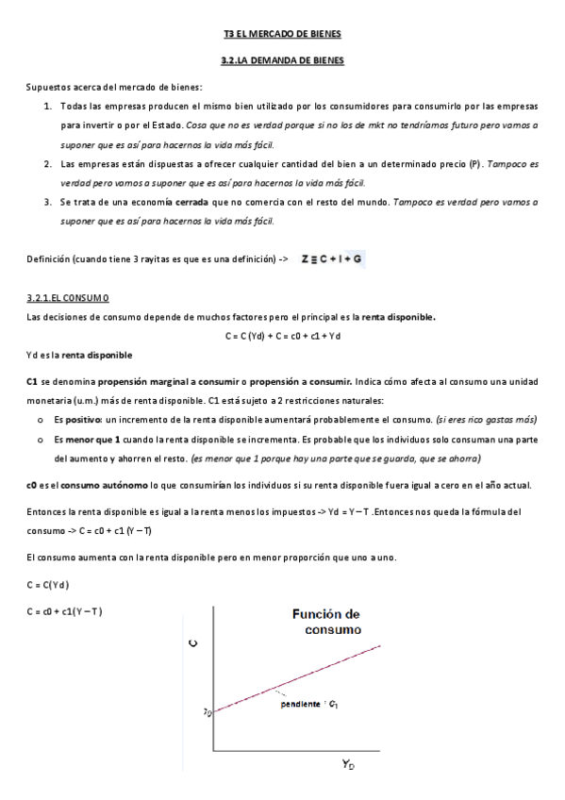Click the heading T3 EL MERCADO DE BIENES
click(x=282, y=34)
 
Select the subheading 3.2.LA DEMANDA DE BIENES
click(x=282, y=60)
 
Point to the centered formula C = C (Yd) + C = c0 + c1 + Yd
click(x=282, y=336)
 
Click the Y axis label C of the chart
click(x=193, y=644)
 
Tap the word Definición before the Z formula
click(x=48, y=258)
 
